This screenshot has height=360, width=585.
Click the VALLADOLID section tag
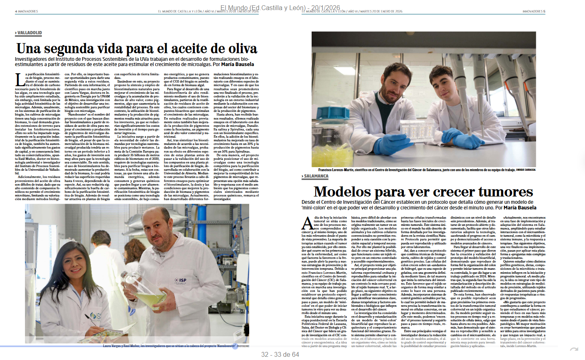pyautogui.click(x=29, y=33)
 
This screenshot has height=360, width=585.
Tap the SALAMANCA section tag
pyautogui.click(x=316, y=176)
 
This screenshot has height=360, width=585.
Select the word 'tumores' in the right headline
pyautogui.click(x=499, y=192)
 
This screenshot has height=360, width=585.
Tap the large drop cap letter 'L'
pyautogui.click(x=20, y=80)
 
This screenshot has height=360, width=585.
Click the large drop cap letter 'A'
pyautogui.click(x=307, y=223)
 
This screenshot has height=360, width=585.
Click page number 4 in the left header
pyautogui.click(x=16, y=11)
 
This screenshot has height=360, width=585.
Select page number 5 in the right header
pyautogui.click(x=544, y=11)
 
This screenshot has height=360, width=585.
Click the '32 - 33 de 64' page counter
pyautogui.click(x=280, y=354)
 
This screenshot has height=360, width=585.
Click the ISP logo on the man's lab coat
pyautogui.click(x=182, y=280)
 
